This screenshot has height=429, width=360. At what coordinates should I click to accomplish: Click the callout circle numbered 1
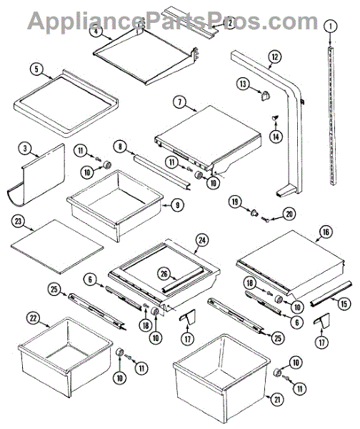331,26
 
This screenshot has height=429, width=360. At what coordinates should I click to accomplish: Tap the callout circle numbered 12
275,57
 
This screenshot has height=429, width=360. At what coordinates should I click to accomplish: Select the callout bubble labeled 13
243,84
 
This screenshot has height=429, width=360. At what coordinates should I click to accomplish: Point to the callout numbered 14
276,136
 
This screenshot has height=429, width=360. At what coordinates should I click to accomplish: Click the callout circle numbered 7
179,102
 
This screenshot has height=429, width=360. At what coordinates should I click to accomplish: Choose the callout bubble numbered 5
36,69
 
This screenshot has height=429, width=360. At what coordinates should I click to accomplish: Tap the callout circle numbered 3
25,148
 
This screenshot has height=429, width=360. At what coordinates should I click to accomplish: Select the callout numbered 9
177,204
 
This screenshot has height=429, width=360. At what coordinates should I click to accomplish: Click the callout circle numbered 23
18,221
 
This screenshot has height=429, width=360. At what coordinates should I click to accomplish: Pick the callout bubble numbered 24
202,240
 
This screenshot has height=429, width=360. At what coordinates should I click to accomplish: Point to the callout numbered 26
164,274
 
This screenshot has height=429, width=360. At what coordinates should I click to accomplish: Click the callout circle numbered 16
326,232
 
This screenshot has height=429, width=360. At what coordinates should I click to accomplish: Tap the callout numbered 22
34,318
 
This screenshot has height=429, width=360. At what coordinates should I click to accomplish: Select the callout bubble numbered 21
277,400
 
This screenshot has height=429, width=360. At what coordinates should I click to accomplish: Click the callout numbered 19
235,202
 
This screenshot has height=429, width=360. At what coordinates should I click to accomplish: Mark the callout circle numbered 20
289,214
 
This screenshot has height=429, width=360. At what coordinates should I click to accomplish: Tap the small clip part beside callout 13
264,96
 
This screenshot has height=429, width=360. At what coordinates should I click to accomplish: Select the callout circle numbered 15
344,303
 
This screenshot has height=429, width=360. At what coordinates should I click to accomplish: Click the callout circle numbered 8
120,147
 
